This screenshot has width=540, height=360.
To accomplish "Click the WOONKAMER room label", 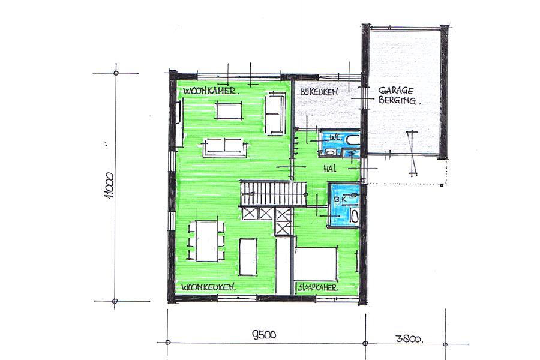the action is [x=211, y=91].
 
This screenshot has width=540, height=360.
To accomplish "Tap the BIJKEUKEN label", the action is [x=319, y=92].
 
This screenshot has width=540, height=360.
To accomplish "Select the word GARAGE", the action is [x=396, y=91].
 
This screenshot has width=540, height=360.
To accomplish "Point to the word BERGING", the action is [x=397, y=100].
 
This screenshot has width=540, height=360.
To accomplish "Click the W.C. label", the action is [x=335, y=137].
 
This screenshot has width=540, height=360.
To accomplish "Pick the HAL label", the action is [x=330, y=169].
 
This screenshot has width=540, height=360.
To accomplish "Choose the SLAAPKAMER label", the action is [x=317, y=287].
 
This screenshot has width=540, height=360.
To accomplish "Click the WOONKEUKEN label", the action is [x=208, y=287].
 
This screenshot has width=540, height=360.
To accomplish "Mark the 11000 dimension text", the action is [x=110, y=186].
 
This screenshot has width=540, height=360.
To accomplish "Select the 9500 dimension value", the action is [x=264, y=334].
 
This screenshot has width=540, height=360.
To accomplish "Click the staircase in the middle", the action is [x=274, y=193].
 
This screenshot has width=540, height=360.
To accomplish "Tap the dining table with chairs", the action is [x=206, y=241].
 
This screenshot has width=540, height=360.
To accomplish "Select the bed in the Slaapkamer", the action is [x=316, y=263].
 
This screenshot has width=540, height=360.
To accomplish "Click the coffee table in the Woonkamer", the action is [x=229, y=111].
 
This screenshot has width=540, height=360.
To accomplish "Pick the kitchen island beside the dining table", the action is [x=248, y=257].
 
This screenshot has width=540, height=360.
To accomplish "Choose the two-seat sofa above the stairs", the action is [x=225, y=148].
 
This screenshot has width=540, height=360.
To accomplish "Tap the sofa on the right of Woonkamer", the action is [x=275, y=115].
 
